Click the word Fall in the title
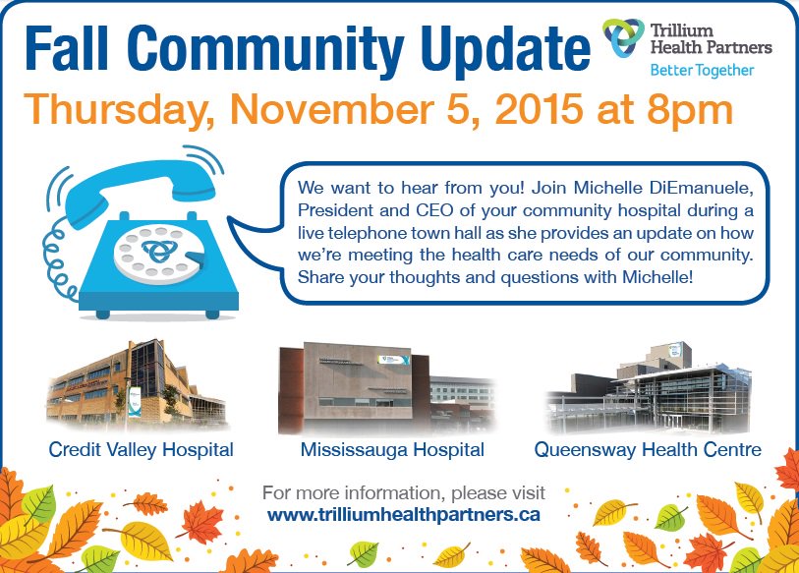pyautogui.click(x=75, y=47)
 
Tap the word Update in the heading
pyautogui.click(x=495, y=47)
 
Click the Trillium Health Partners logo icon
pyautogui.click(x=624, y=39)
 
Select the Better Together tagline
pyautogui.click(x=702, y=71)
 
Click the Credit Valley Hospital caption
pyautogui.click(x=142, y=450)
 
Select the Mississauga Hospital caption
pyautogui.click(x=392, y=450)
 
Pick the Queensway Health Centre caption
pyautogui.click(x=648, y=450)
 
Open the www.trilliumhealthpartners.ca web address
pyautogui.click(x=404, y=513)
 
